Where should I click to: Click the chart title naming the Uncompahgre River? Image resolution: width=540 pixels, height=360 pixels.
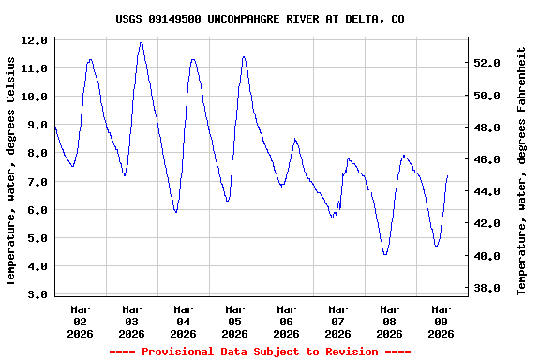pyautogui.click(x=261, y=19)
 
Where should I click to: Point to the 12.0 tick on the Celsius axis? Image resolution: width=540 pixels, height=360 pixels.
pyautogui.click(x=35, y=41)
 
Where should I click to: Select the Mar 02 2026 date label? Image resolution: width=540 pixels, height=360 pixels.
pyautogui.click(x=81, y=321)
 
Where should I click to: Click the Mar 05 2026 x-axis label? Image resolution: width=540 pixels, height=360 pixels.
pyautogui.click(x=234, y=321)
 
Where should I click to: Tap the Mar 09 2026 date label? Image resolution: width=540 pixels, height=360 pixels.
pyautogui.click(x=441, y=321)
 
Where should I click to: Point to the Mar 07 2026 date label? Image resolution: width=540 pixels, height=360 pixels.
pyautogui.click(x=337, y=321)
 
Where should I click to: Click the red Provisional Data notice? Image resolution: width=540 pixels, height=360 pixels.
pyautogui.click(x=261, y=352)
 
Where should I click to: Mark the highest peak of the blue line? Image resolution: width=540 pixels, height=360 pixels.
pyautogui.click(x=141, y=42)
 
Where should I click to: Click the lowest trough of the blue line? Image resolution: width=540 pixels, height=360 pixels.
pyautogui.click(x=385, y=254)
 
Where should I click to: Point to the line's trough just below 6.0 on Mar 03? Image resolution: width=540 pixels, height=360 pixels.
pyautogui.click(x=176, y=212)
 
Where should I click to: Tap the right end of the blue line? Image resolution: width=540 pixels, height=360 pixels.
pyautogui.click(x=448, y=175)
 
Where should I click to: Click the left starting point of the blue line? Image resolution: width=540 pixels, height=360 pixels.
pyautogui.click(x=55, y=125)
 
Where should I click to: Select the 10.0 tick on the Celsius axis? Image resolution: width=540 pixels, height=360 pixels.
pyautogui.click(x=35, y=97)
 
